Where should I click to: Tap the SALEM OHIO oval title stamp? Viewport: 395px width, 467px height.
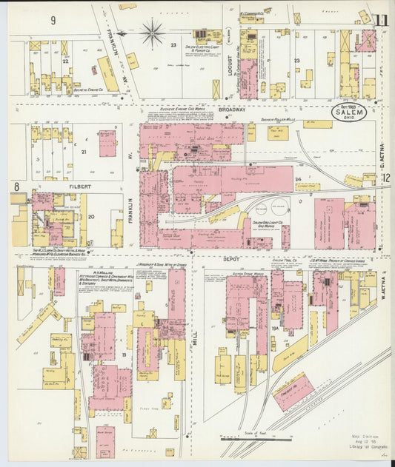point(348,113)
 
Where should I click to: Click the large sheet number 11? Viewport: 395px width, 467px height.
point(381,21)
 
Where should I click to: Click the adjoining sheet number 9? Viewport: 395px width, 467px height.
point(53,20)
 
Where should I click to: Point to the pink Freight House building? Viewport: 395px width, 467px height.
point(293,391)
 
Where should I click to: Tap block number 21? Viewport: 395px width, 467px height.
point(84,152)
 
